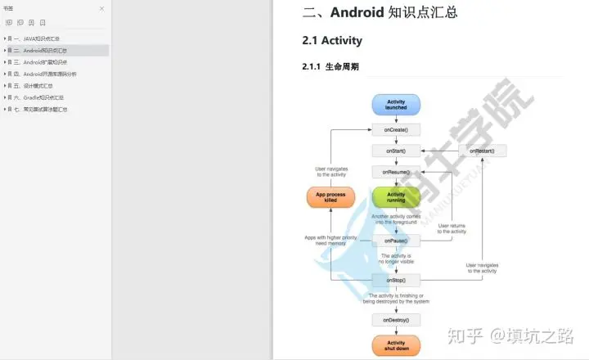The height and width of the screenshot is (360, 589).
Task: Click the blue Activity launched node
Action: point(396,104)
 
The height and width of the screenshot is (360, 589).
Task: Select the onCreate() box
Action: point(396,129)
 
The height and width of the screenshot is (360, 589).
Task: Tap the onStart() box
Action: point(396,151)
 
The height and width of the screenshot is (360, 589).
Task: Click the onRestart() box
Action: point(482,151)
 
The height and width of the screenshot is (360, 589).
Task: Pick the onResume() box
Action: point(396,172)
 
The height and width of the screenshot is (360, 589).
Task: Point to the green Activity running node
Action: point(396,197)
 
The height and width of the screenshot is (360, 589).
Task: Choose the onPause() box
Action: point(396,241)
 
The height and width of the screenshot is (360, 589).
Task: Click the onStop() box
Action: point(396,279)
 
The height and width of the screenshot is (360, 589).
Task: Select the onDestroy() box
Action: point(396,319)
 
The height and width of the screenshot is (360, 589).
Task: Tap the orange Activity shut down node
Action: point(396,345)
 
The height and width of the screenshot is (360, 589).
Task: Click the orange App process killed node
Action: point(330,197)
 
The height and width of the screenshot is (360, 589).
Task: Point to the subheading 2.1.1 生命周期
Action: point(330,67)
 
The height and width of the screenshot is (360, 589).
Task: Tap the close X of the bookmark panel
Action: point(101,8)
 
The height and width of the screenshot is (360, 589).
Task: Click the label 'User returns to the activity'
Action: point(452,228)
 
